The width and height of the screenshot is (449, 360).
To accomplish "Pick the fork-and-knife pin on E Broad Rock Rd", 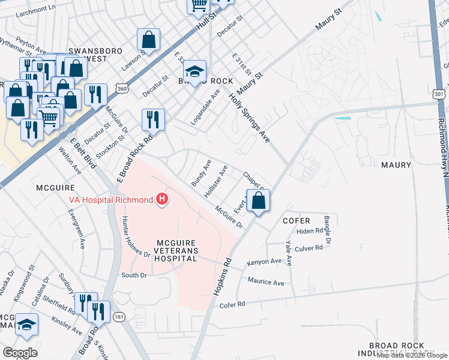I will click(153, 119).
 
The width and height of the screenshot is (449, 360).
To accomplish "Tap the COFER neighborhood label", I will click(297, 221).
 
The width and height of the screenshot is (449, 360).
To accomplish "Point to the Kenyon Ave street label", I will click(264, 262).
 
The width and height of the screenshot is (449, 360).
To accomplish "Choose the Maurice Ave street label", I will click(266, 282).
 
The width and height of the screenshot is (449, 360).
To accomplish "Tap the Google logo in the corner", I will click(20, 352).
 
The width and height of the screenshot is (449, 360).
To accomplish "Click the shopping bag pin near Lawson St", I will click(148, 40).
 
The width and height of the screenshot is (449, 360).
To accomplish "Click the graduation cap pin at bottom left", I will click(26, 325).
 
